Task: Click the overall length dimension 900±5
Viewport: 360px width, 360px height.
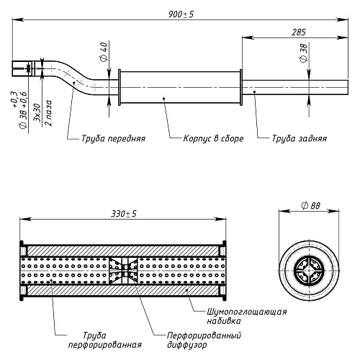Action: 181,14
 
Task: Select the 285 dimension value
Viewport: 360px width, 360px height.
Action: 299,32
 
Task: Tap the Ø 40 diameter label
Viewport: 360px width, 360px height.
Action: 104,52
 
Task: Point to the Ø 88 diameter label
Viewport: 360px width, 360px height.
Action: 311,206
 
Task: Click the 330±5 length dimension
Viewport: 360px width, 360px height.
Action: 124,214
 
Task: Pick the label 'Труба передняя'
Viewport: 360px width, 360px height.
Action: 113,139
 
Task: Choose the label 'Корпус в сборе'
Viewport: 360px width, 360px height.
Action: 213,139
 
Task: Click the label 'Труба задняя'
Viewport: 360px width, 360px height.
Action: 300,139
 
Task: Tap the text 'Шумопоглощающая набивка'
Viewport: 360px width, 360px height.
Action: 247,316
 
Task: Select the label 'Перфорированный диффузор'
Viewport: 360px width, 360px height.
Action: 204,340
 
